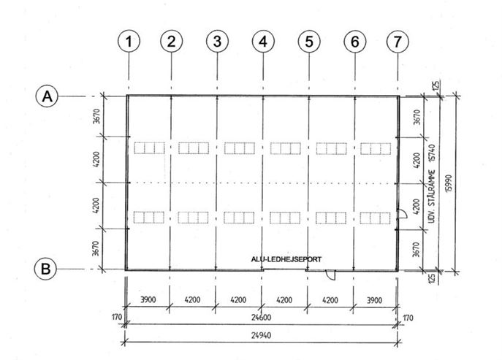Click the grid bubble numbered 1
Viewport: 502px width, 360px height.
coord(129,41)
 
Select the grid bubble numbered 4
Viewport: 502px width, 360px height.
coord(263,41)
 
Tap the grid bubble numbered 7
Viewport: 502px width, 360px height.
coord(398,41)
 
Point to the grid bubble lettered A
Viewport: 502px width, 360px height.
coord(47,96)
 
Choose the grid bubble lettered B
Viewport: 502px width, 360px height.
coord(45,269)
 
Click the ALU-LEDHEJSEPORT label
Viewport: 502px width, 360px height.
coord(286,259)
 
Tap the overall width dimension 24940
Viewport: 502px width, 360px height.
coord(262,335)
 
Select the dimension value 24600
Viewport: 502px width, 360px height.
coord(262,318)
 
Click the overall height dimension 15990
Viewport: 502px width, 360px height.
coord(449,183)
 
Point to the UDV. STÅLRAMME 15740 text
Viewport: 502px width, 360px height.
coord(432,183)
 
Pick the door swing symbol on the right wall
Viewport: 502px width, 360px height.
coord(402,214)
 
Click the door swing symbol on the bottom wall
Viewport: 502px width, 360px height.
coord(330,275)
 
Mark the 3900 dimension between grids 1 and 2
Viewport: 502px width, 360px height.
coord(148,300)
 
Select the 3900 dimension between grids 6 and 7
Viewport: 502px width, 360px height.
coord(374,300)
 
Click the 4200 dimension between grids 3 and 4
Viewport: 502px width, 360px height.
coord(238,300)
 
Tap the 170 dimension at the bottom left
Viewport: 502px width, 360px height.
coord(117,317)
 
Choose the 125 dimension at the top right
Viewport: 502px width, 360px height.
coord(436,85)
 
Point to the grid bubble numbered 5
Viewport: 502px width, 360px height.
coord(309,41)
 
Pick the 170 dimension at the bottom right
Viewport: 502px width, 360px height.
coord(408,318)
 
